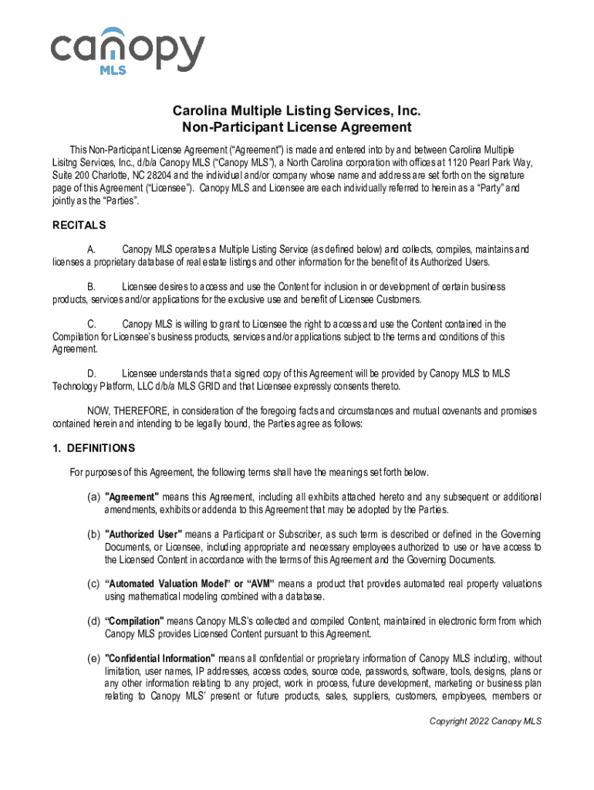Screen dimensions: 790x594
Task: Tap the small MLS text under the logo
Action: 113,69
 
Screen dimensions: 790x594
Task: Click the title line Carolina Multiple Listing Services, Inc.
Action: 296,112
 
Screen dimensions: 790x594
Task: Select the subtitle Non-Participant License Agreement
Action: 296,128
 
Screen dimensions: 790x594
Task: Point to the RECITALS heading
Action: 79,226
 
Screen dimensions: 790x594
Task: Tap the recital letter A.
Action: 92,250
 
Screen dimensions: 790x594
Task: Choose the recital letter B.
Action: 92,287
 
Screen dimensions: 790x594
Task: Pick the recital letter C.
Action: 92,324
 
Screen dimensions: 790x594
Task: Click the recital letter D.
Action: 92,374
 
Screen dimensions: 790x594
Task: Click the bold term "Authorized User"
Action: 143,535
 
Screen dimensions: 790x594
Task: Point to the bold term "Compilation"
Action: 134,621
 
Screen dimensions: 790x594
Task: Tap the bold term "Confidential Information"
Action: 160,658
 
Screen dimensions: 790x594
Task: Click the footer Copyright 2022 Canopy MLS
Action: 486,721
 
